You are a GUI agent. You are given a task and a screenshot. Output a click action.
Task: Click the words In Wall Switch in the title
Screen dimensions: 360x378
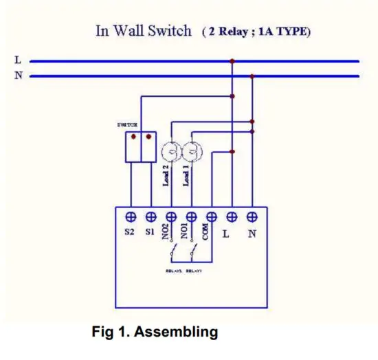coord(143,32)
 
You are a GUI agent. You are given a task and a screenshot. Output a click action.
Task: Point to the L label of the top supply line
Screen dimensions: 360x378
coord(18,60)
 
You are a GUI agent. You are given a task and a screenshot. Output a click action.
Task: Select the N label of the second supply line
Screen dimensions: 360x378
coord(18,75)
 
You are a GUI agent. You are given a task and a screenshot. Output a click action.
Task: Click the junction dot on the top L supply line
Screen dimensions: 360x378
coord(232,61)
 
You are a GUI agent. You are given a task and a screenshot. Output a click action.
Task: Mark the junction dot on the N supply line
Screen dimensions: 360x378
coord(252,76)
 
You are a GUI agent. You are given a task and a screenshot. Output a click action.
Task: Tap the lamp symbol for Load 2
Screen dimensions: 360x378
coord(170,151)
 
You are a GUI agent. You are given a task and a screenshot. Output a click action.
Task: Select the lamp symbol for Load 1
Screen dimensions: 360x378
coord(192,151)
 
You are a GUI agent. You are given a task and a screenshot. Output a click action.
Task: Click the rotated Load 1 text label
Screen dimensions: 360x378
coord(187,176)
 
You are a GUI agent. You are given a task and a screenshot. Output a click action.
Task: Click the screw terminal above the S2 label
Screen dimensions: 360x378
coord(131,216)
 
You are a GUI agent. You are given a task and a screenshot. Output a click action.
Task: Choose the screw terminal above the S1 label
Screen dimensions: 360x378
coord(151,216)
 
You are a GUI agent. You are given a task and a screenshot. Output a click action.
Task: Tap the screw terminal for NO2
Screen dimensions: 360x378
coord(171,216)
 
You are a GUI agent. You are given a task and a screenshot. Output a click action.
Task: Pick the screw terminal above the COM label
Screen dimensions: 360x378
coord(212,216)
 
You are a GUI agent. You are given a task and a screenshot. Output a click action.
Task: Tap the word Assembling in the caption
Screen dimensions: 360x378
coord(177,333)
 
